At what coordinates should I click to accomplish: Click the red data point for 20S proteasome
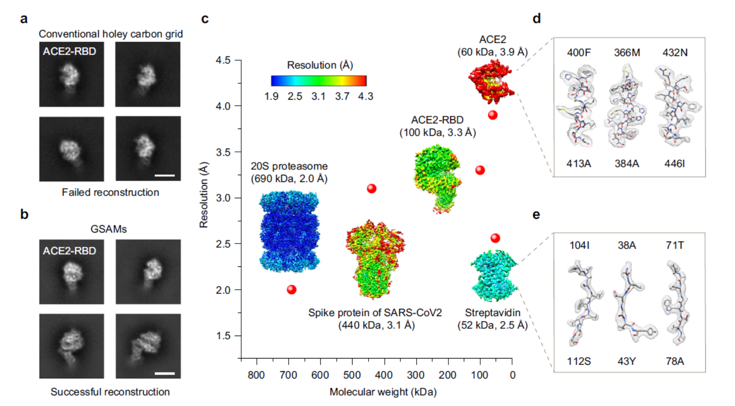[x=291, y=290]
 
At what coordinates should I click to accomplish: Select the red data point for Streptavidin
[x=495, y=238]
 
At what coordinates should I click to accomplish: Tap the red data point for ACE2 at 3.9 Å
[x=493, y=115]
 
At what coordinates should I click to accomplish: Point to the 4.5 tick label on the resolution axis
[x=223, y=60]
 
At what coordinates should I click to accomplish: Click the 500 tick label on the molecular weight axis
[x=352, y=375]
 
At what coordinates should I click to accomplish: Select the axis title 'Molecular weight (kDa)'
[x=383, y=392]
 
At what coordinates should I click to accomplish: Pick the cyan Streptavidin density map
[x=494, y=275]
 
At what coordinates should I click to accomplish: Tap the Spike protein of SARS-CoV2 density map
[x=375, y=259]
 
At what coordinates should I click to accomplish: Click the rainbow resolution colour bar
[x=318, y=81]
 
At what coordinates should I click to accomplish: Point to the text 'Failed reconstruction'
[x=110, y=193]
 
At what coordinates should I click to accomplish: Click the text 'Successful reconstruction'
[x=110, y=392]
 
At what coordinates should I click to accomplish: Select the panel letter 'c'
[x=205, y=19]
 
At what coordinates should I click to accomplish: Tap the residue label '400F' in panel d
[x=579, y=53]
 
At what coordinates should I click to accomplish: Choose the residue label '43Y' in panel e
[x=627, y=361]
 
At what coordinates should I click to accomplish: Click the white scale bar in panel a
[x=165, y=175]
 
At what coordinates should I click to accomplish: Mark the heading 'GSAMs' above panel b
[x=109, y=229]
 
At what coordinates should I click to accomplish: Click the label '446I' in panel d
[x=674, y=164]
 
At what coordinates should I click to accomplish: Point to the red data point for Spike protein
[x=372, y=188]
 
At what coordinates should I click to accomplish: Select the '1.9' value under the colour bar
[x=271, y=97]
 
